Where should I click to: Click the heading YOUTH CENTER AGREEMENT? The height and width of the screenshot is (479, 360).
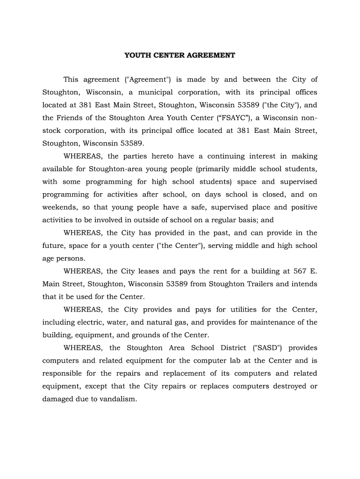[180, 55]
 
